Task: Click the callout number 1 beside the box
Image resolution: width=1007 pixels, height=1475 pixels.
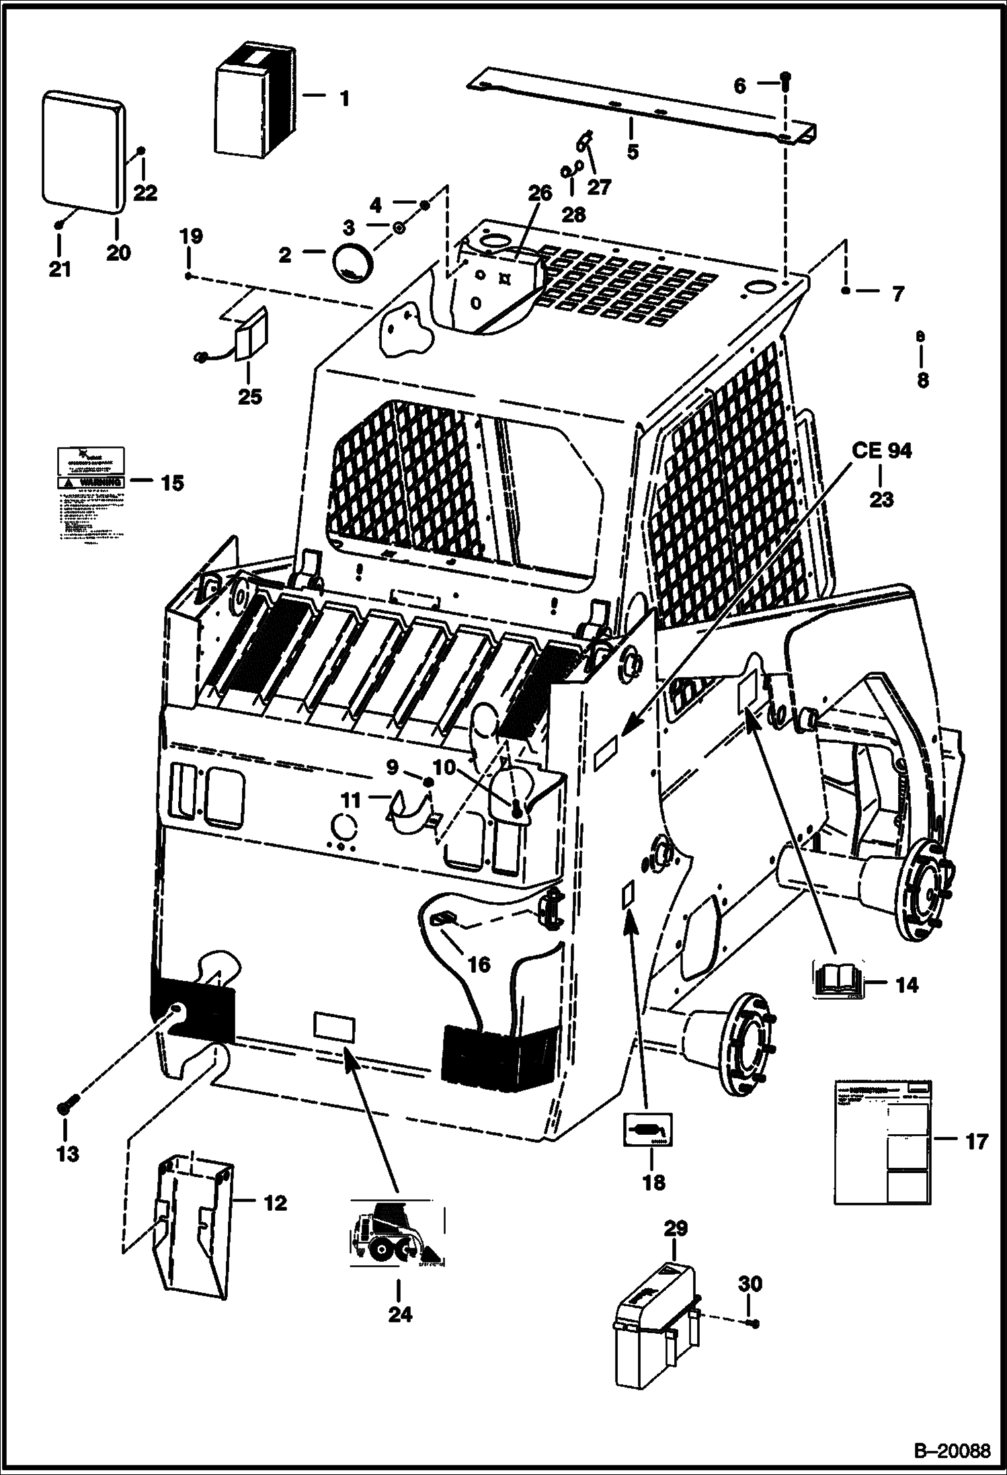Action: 344,99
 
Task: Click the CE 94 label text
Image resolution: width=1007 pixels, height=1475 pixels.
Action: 881,451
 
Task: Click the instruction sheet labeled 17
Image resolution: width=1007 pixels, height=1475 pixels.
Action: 883,1141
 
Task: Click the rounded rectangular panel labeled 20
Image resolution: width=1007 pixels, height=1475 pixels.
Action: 83,151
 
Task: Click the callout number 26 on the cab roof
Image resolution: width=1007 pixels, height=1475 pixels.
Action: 540,194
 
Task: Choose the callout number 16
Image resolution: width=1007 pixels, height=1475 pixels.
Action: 479,965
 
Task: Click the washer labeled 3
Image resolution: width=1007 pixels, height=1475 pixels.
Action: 398,229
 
